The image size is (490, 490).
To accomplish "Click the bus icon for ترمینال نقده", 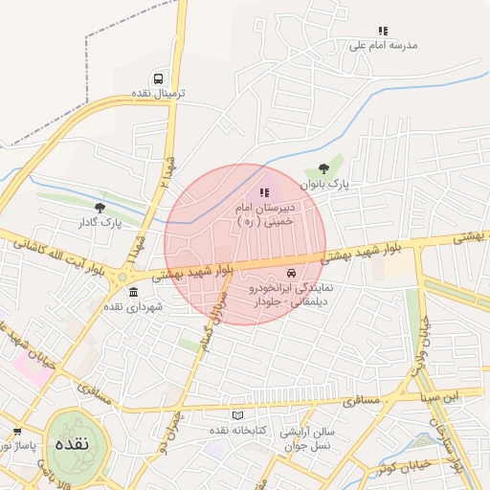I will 158,78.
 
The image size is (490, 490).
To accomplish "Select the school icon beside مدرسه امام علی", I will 383,32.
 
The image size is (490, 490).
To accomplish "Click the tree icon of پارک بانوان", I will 336,169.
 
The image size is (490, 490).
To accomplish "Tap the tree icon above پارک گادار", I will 100,206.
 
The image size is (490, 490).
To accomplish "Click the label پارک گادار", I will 100,221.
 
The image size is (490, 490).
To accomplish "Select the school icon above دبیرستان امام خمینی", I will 264,193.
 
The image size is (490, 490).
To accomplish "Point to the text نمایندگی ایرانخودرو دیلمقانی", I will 285,294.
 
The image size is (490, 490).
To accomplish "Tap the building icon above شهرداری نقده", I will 132,292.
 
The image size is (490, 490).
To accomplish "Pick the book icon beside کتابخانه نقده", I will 238,415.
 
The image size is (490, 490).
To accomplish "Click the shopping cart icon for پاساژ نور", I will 16,432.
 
